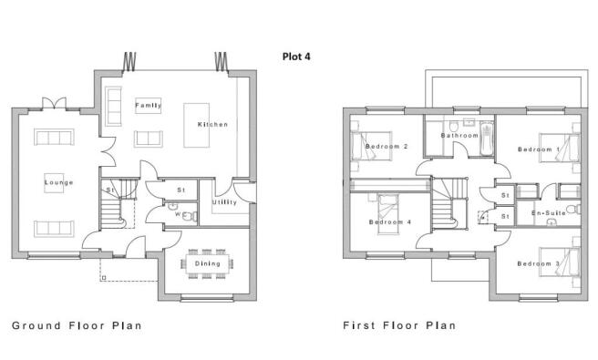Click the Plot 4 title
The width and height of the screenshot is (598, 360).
coord(296,57)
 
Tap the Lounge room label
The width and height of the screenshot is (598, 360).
coord(58,182)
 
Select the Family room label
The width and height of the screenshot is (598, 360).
coord(149,105)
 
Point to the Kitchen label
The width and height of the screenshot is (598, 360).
coord(212,124)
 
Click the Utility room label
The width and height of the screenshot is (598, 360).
coord(224,202)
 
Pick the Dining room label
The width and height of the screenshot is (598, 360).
coord(208,263)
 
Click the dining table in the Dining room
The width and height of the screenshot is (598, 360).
coord(208,263)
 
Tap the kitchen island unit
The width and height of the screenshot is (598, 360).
coord(196,125)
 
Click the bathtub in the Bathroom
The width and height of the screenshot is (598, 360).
coord(487,139)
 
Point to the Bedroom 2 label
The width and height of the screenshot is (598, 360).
coord(387,146)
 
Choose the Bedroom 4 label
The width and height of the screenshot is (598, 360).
coord(390,222)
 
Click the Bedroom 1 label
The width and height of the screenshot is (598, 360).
coord(539,149)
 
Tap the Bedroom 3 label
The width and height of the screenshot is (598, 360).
coord(539,263)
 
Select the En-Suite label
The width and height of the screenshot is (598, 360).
coord(549,212)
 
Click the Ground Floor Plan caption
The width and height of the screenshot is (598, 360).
coord(77,325)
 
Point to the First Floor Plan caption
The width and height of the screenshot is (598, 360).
coord(399,325)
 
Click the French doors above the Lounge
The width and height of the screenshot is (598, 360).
coord(54,103)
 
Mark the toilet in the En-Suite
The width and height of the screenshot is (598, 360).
coord(573,209)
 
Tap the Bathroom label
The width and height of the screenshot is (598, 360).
coord(459,136)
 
